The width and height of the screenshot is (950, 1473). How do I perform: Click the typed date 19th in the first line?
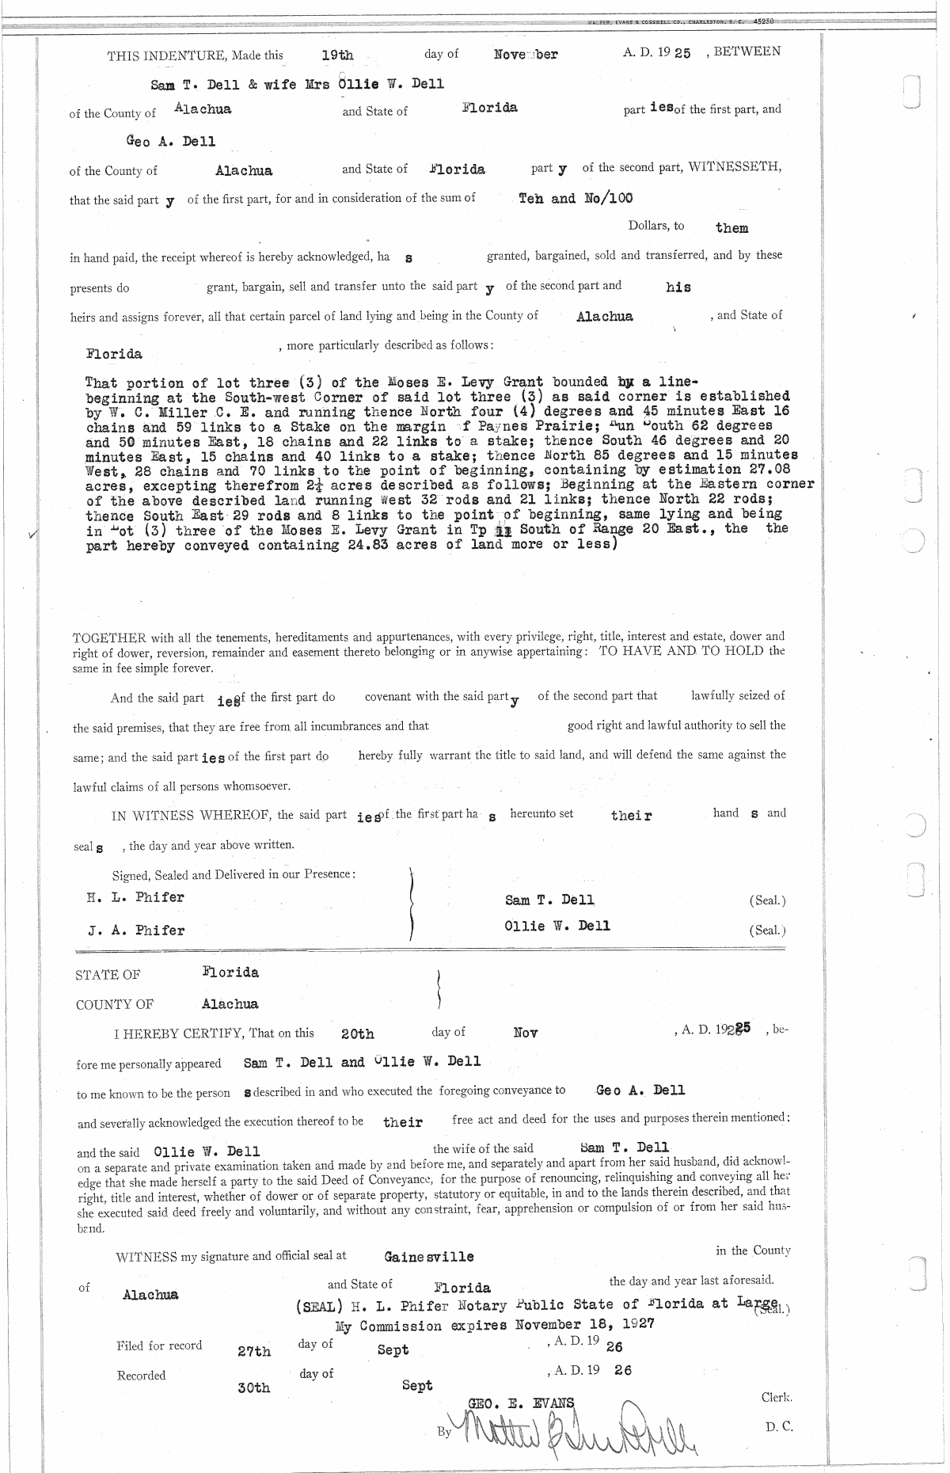[x=337, y=55]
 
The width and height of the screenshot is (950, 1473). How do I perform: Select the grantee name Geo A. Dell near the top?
[x=171, y=142]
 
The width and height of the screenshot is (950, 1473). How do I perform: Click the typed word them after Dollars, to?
[x=731, y=228]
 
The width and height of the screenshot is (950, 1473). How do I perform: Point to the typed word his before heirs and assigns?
[x=678, y=287]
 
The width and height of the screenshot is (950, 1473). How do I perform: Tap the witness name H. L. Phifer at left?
[x=135, y=897]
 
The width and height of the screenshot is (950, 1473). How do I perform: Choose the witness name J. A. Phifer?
[x=137, y=931]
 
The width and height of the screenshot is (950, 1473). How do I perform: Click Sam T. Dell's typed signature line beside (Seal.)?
[x=549, y=900]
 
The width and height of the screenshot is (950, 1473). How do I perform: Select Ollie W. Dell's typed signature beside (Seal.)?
[x=557, y=926]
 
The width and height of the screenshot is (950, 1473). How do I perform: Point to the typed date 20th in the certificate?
[x=357, y=1034]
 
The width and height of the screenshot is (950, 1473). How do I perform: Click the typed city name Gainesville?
[x=429, y=1256]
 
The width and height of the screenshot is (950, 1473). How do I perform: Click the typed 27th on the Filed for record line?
[x=254, y=1352]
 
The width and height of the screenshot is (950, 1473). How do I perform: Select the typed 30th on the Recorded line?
[x=253, y=1388]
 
